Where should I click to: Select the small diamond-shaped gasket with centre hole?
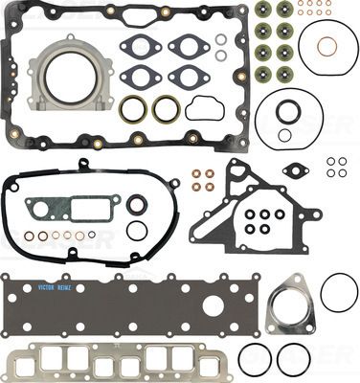coord(299,171)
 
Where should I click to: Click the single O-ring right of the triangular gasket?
coord(339,292)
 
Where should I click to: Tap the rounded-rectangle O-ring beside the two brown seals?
coord(204,108)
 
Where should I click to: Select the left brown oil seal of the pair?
coord(133,109)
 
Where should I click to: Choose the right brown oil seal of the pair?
coord(166,109)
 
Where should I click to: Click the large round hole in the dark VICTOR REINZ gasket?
coord(214,304)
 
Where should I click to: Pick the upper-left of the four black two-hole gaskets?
coord(142,45)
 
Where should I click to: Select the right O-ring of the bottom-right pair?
coord(292,359)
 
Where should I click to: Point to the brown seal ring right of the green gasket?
coord(138,204)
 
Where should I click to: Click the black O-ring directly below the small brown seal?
coord(138,230)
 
